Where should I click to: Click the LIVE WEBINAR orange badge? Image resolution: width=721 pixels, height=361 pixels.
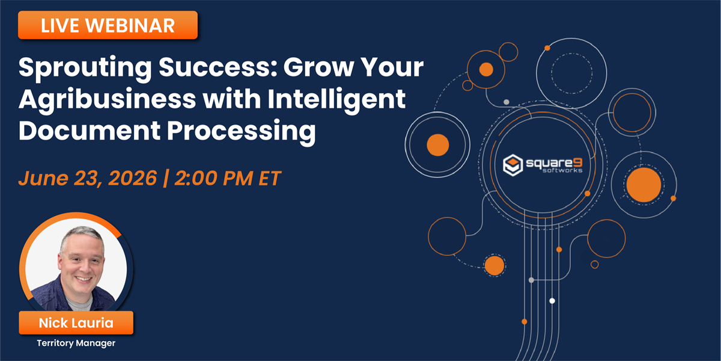tap(108, 25)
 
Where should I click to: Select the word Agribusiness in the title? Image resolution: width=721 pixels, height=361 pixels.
tap(107, 100)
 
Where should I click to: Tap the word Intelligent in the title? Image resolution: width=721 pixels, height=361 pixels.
tap(336, 100)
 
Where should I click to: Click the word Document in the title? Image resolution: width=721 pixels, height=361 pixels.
tap(90, 131)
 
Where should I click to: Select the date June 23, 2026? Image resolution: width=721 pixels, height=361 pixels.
tap(88, 178)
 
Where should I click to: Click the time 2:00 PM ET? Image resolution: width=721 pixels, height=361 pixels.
tap(228, 178)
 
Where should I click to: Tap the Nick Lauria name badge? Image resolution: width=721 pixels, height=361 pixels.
tap(76, 322)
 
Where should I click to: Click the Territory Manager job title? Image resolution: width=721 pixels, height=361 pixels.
tap(76, 343)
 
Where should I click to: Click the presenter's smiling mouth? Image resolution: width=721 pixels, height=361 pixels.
tap(84, 279)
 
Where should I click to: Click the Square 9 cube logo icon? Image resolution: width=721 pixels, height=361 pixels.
tap(513, 165)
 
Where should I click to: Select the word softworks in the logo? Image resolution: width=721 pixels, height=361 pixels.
tap(562, 170)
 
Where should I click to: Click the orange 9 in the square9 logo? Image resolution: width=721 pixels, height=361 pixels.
tap(578, 163)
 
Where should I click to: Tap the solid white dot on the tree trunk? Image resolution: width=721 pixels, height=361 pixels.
tap(552, 301)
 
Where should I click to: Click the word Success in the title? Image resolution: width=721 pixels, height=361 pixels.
tap(218, 67)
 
